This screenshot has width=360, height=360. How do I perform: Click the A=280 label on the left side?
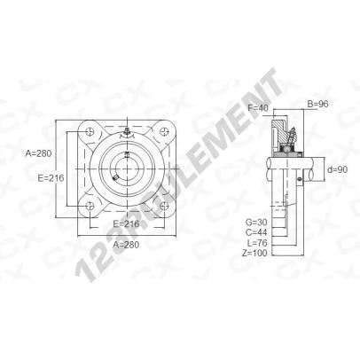[39, 153]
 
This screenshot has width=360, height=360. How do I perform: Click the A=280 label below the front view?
[126, 245]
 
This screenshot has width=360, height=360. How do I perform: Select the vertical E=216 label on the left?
[51, 178]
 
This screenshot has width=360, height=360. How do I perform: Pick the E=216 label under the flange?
[126, 223]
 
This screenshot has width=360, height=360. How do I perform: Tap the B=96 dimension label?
[318, 104]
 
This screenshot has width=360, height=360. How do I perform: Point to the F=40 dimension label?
[258, 108]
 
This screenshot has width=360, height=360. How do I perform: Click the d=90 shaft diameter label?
[338, 169]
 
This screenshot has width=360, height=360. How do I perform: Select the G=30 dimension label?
[256, 222]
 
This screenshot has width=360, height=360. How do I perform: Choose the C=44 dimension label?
[256, 232]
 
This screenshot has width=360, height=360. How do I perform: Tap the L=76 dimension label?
[257, 243]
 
